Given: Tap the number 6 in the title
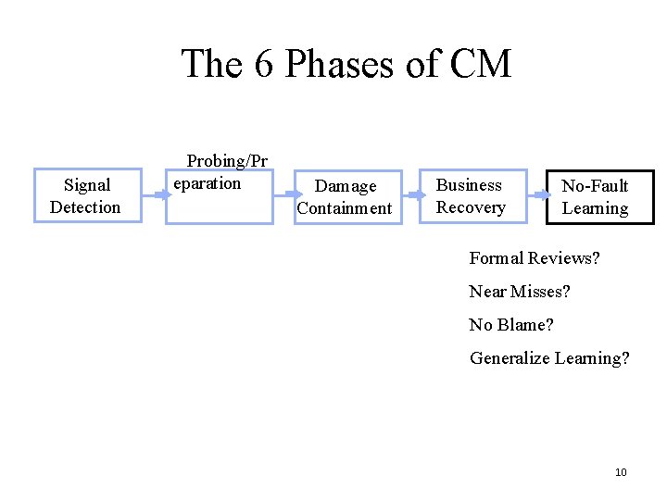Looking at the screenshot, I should tap(265, 65).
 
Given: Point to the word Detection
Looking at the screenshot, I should tap(85, 206).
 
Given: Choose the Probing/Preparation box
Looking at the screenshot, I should tap(219, 195).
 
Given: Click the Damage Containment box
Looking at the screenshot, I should tap(345, 197).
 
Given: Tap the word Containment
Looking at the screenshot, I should tap(345, 208).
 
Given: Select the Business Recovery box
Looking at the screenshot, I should tap(473, 195).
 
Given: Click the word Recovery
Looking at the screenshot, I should tap(471, 206).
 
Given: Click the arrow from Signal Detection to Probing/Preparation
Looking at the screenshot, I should tap(153, 195).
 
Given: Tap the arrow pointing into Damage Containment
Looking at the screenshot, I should tap(283, 195).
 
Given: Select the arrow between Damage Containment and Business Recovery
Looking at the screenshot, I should tap(413, 195).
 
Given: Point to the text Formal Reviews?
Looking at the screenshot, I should tap(535, 258).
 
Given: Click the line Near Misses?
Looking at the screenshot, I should tap(520, 292).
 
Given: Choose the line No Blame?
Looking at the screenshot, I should tap(511, 325).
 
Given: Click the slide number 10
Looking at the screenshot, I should tap(621, 473).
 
